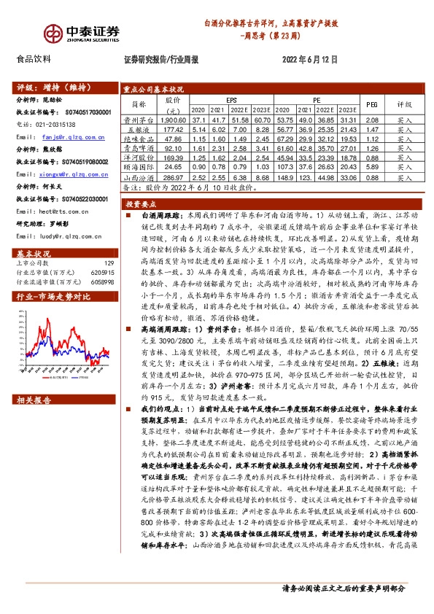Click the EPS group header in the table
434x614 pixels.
230,100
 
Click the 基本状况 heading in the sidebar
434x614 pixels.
31,252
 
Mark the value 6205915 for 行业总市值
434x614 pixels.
103,271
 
